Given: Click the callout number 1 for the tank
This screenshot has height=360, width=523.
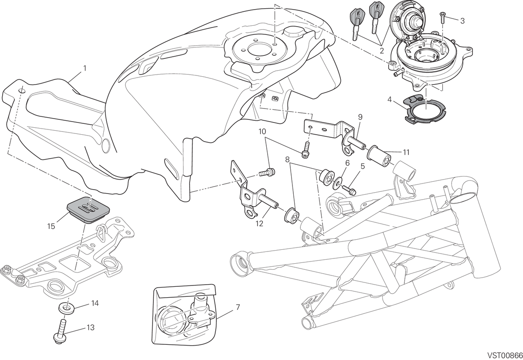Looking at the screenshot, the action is pyautogui.click(x=85, y=68).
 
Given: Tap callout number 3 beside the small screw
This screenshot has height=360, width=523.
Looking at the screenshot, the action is pyautogui.click(x=462, y=21).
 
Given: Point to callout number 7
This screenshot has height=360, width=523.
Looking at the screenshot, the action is pyautogui.click(x=238, y=307).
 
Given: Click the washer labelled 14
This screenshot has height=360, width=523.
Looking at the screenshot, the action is pyautogui.click(x=66, y=308).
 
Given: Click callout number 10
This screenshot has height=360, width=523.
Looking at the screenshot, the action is pyautogui.click(x=262, y=132).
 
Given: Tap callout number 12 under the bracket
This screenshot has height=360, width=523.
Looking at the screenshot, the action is pyautogui.click(x=259, y=224).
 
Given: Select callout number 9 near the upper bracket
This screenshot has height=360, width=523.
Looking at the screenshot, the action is pyautogui.click(x=360, y=117).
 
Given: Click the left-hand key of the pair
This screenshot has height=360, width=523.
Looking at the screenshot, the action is pyautogui.click(x=357, y=24).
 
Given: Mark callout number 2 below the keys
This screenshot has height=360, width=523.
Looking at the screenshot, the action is pyautogui.click(x=382, y=51).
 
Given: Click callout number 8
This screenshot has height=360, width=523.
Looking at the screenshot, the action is pyautogui.click(x=287, y=160).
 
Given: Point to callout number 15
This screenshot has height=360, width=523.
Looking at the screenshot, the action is pyautogui.click(x=51, y=226).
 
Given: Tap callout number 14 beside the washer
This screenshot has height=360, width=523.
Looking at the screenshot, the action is pyautogui.click(x=95, y=303).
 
